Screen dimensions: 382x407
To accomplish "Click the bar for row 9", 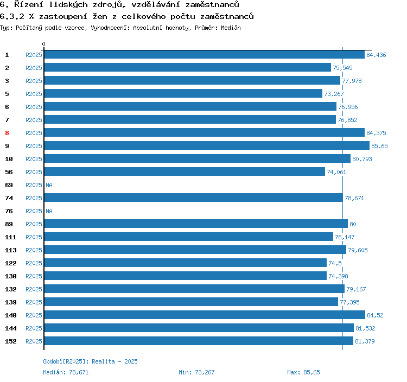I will pos(206,146).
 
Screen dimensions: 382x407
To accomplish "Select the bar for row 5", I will pos(183,94).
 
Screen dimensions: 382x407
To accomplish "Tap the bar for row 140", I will pos(204,315).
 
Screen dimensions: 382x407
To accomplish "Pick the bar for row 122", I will pos(185,263).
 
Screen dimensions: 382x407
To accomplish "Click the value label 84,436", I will pos(376,55).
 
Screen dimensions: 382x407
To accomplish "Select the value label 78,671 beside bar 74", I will pos(354,198).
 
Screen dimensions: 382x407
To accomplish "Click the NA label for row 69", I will pos(49,185).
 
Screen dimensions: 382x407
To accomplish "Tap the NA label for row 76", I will pos(49,211).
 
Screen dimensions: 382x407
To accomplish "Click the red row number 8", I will pos(7,133).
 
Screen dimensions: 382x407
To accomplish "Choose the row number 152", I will pos(11,341).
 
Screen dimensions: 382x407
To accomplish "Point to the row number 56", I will pos(9,172).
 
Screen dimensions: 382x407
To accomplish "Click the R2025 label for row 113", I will pos(34,250).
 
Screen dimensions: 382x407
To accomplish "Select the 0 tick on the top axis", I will pos(44,44).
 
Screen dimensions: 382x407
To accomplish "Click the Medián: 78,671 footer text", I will pos(66,372).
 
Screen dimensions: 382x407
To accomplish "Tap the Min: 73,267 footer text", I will pos(196,372).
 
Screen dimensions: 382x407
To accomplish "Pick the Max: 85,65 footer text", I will pos(303,372).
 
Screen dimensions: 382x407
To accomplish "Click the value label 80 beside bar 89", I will pos(353,224).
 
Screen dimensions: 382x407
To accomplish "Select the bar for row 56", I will pos(185,172).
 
